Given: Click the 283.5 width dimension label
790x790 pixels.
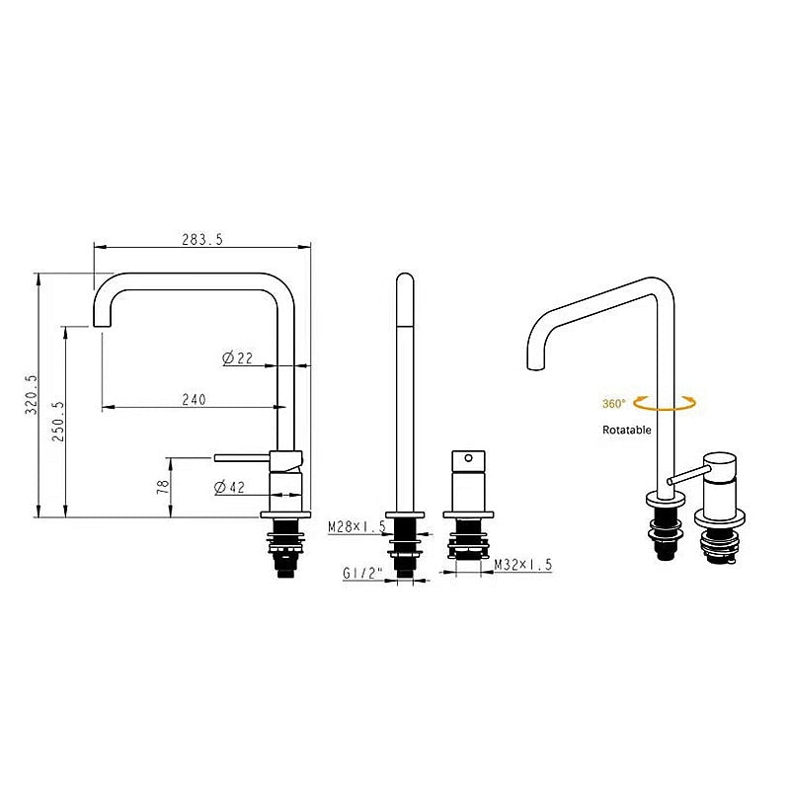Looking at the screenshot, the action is tap(202, 239).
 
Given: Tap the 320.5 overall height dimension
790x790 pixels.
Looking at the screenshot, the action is tap(32, 394).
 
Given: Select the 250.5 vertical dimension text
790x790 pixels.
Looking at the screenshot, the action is tap(58, 422).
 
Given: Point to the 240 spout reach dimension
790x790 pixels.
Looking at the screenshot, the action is tap(194, 400).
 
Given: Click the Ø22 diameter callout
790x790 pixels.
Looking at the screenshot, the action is tap(237, 358).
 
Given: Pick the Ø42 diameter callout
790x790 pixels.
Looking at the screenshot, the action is tap(229, 487).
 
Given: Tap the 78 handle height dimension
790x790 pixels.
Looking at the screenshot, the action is tap(163, 487).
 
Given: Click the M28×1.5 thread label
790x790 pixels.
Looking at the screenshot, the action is tap(356, 527).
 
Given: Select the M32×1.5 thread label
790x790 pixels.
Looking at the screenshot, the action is tap(523, 565).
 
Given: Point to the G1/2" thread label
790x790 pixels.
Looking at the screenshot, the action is tap(362, 574).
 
